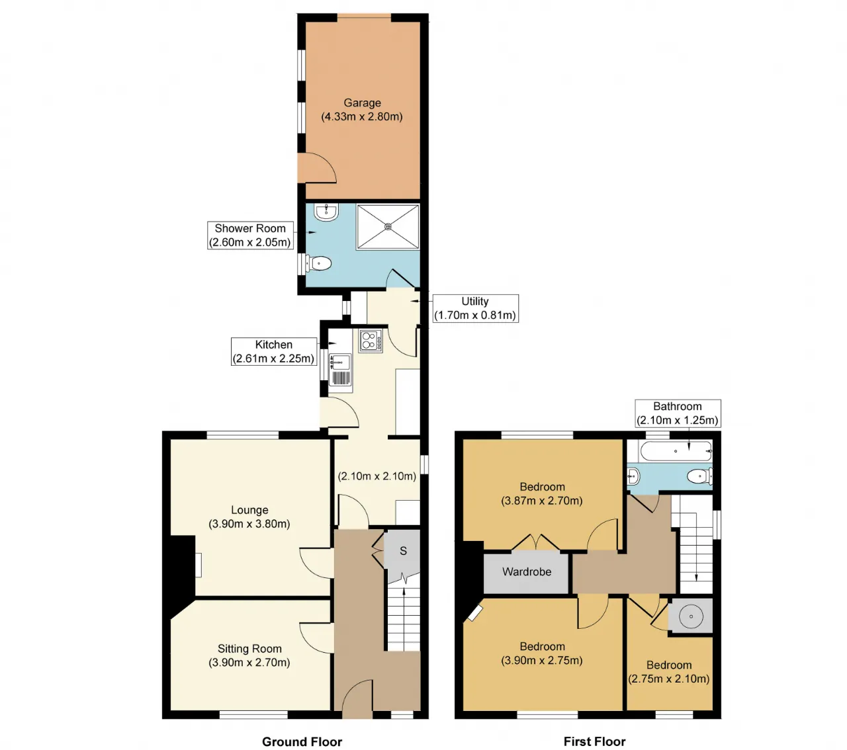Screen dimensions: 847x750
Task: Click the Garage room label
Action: (x=362, y=103)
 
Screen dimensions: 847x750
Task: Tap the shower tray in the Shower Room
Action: (x=388, y=227)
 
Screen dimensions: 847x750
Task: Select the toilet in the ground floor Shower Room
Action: (x=318, y=263)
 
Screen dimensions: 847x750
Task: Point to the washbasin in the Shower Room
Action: (x=326, y=212)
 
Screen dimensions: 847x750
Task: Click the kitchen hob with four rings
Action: (x=371, y=341)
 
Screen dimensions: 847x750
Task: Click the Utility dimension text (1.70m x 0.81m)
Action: (x=475, y=315)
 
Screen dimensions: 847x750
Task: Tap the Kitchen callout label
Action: (x=274, y=351)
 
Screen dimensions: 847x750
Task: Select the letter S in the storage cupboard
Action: (x=403, y=551)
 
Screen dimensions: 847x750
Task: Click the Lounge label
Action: (x=249, y=510)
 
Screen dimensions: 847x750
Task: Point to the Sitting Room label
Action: (x=249, y=648)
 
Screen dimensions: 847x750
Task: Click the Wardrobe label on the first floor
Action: (x=527, y=571)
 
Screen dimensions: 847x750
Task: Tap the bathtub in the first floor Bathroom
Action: (x=675, y=451)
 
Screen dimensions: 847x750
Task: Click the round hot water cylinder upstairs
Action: (x=691, y=616)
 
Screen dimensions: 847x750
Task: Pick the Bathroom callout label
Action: (x=678, y=413)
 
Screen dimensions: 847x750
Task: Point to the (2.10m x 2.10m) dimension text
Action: (x=377, y=476)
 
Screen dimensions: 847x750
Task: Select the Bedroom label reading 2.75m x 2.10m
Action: (x=669, y=671)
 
